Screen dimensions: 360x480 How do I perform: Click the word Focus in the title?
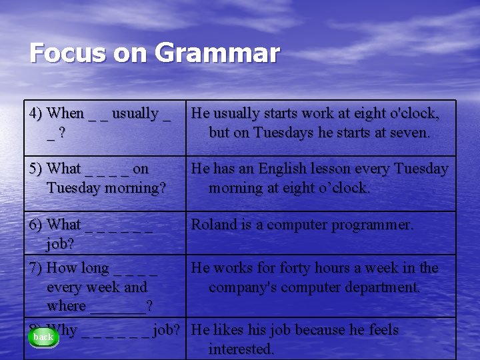pos(65,53)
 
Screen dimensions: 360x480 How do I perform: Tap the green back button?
pos(43,337)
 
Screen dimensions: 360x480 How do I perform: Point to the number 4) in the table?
pos(37,113)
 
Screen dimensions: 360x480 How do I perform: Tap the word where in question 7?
pos(66,307)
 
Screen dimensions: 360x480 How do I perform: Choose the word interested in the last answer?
pos(241,349)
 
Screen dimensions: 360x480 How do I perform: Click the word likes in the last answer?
pos(233,330)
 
